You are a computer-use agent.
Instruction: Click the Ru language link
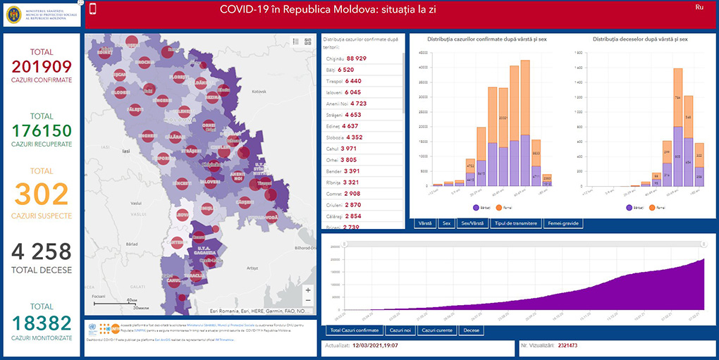pos(699,7)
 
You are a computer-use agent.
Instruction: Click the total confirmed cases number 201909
pos(42,67)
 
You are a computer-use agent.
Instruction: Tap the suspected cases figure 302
pos(42,194)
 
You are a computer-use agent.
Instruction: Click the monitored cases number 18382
pos(42,323)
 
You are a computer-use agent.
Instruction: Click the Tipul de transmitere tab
pos(517,223)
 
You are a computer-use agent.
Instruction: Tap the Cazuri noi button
pos(400,330)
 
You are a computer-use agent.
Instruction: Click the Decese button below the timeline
pos(472,330)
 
